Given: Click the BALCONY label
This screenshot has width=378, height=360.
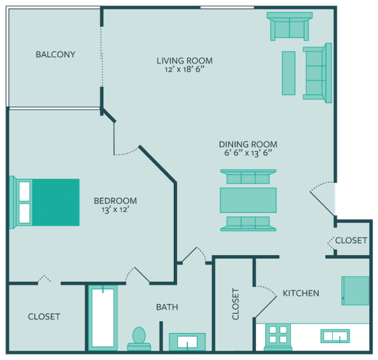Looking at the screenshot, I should click(x=55, y=54).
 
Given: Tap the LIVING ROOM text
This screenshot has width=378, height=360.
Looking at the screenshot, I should click(x=184, y=61).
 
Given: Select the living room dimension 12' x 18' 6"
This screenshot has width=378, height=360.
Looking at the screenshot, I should click(x=184, y=70).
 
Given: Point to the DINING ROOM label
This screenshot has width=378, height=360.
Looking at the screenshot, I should click(x=247, y=144).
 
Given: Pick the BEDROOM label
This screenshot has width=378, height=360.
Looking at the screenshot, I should click(x=115, y=201).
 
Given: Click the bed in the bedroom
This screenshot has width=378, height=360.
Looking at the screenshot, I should click(x=46, y=203).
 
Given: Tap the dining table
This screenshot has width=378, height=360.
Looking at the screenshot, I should click(x=247, y=199).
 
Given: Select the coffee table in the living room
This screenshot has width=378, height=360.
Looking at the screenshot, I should click(x=288, y=73).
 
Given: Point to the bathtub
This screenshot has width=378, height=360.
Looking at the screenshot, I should click(x=102, y=319).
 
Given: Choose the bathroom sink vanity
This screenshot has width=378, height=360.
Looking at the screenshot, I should click(x=187, y=342).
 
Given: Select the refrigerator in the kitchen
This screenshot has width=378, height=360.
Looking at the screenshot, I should click(x=355, y=290).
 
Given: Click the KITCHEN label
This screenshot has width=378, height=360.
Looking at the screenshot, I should click(x=301, y=293).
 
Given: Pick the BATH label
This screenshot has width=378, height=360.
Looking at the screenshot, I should click(x=167, y=307).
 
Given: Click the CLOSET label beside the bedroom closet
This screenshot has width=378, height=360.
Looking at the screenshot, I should click(x=44, y=317).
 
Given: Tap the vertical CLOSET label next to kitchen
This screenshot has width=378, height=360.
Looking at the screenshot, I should click(x=236, y=304).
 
